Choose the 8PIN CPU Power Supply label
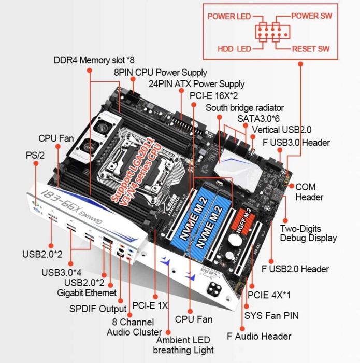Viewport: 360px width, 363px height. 161,72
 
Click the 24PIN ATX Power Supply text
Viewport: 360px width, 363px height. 196,83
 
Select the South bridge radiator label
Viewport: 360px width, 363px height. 244,107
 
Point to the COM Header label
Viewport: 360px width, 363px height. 309,191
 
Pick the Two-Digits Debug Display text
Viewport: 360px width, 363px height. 308,233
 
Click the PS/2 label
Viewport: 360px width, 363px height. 35,155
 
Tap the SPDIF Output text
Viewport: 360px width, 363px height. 98,309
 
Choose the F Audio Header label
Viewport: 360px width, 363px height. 259,336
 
